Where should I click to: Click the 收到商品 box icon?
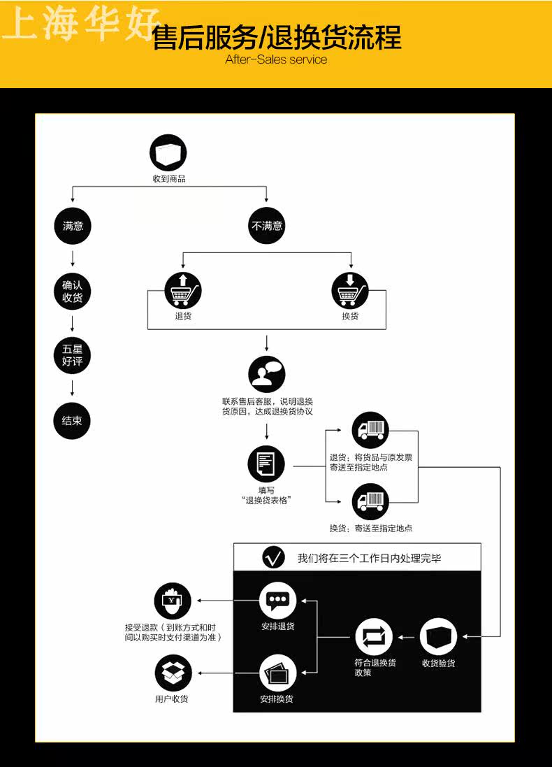pos(168,153)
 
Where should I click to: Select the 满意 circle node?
pos(73,226)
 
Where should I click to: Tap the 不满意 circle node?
pos(266,226)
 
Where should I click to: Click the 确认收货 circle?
pos(73,292)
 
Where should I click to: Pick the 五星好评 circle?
pos(73,356)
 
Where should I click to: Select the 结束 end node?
pos(72,421)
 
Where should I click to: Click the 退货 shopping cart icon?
pos(183,290)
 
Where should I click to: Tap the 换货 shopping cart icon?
pos(350,290)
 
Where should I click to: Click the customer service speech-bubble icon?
pos(266,375)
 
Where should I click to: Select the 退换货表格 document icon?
pos(266,464)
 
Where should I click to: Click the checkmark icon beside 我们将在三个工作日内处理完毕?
pos(273,557)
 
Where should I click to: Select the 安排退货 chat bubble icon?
pos(277,601)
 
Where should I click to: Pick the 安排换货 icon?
pos(277,673)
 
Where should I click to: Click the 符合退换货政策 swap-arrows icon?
pos(374,637)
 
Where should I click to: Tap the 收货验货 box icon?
pos(439,637)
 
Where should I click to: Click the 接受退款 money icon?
pos(173,601)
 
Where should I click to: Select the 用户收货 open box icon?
pos(173,673)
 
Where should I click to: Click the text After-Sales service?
pos(276,59)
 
